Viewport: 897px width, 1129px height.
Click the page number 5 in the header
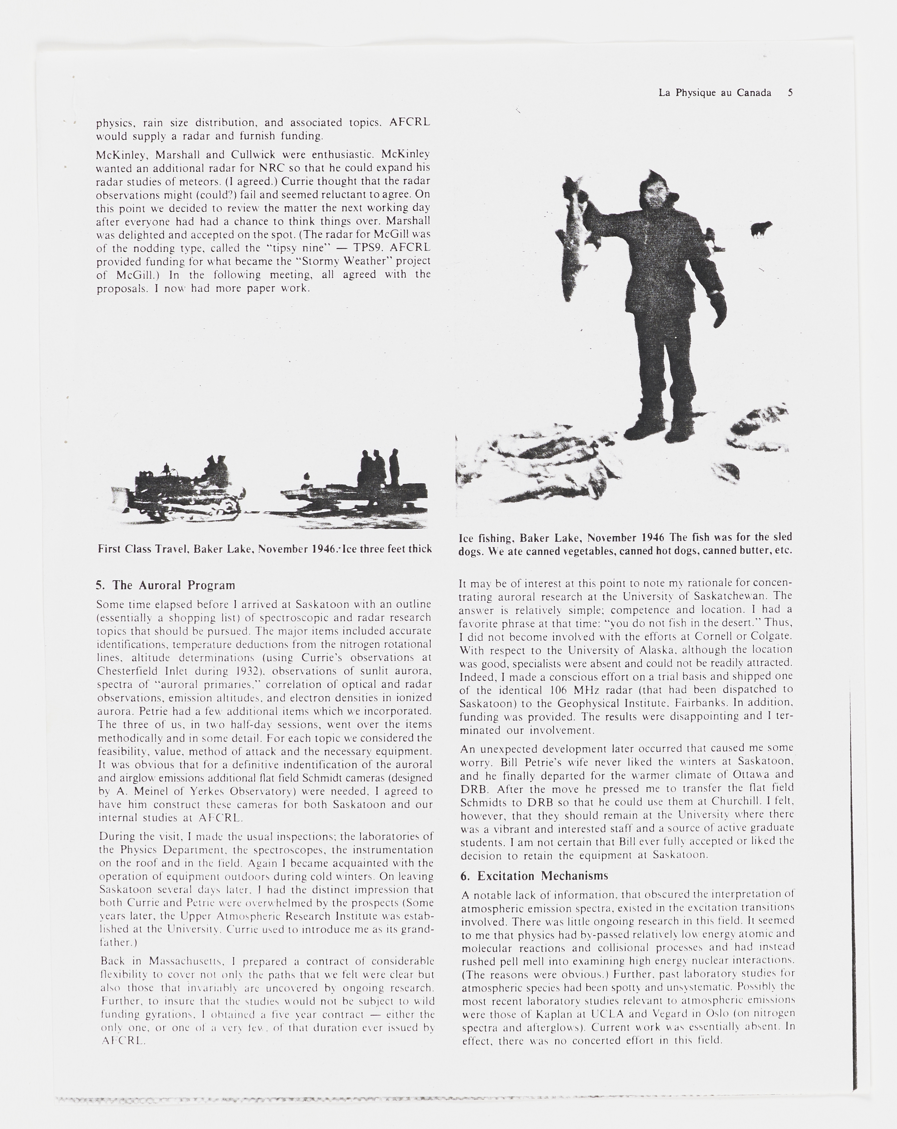(790, 93)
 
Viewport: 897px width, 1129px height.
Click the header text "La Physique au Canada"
(715, 93)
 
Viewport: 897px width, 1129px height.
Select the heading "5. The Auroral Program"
(166, 585)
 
